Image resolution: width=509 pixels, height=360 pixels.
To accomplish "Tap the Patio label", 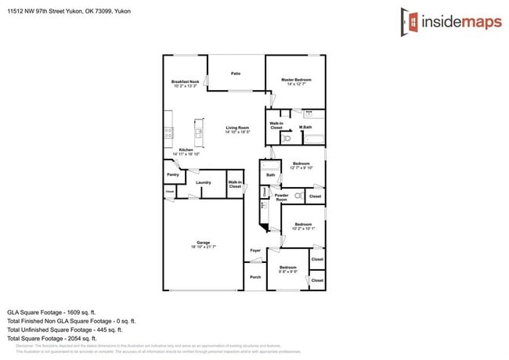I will pos(236,74).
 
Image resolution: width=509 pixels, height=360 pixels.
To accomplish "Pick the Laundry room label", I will pos(204,182).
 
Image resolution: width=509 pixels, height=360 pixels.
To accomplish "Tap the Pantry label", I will pos(172,175).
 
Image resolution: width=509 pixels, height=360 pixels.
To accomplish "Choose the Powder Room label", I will pos(281,197).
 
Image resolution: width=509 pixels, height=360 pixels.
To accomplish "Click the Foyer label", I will pos(255,250).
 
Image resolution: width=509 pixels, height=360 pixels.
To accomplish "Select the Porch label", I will pos(255,277).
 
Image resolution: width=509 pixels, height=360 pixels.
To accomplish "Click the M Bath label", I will pos(305,128).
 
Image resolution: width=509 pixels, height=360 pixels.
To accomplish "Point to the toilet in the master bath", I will pos(287,139).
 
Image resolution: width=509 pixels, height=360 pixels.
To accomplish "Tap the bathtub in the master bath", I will pos(313,139).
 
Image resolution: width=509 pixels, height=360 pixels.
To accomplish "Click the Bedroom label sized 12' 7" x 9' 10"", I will pos(301,165).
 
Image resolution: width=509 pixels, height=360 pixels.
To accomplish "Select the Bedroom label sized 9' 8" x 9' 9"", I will pos(289,268).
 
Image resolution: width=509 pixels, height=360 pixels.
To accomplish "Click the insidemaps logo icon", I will pos(408,20).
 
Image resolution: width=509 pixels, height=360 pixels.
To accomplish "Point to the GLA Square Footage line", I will pos(52,311).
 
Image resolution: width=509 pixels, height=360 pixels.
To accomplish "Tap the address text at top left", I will pos(70,12).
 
